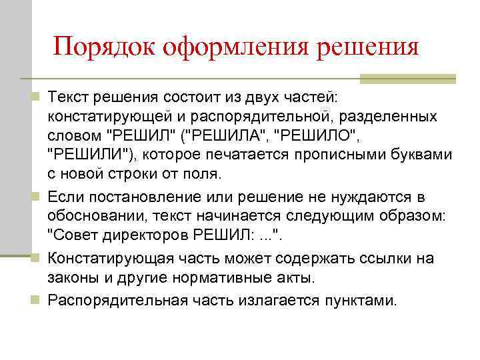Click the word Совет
pyautogui.click(x=73, y=237)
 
